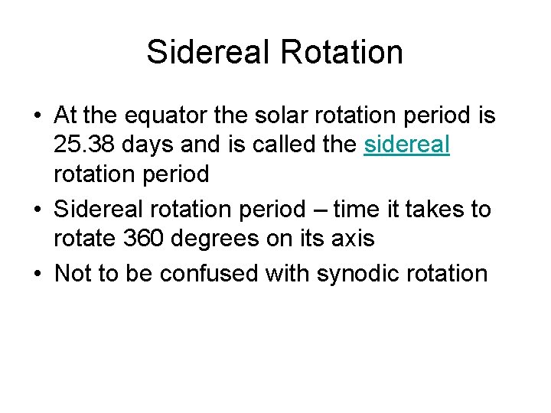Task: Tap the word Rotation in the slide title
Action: tap(341, 52)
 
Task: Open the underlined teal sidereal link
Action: tap(406, 145)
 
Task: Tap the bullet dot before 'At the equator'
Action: tap(37, 117)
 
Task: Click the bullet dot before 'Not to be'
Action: tap(37, 274)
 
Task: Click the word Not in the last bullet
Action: tap(74, 273)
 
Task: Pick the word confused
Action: tap(207, 273)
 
